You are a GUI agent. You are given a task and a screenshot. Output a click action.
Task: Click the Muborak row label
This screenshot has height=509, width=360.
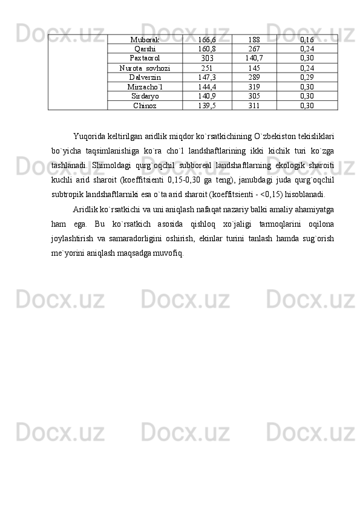coord(145,39)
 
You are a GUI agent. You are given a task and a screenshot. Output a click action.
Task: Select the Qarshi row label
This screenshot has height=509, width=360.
coord(145,49)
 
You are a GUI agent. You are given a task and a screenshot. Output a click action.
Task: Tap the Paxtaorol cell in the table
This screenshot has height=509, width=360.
coord(145,58)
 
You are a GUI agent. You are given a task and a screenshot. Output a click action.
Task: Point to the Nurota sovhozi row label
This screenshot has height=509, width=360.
coord(145,68)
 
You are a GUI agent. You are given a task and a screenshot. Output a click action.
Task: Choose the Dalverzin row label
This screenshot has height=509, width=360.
coord(145,77)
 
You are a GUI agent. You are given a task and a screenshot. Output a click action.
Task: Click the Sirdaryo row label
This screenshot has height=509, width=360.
coord(145,96)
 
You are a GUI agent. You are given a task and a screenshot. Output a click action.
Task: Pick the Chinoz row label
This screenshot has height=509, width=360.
coord(145,105)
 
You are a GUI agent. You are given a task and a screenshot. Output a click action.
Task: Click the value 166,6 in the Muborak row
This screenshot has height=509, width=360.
coord(207,39)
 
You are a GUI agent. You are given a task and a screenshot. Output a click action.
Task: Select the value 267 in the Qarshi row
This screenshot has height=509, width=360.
coord(254,49)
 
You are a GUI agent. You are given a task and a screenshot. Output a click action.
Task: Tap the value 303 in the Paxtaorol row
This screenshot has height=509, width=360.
coord(207,58)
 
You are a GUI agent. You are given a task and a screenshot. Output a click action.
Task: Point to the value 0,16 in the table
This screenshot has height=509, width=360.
coord(307,39)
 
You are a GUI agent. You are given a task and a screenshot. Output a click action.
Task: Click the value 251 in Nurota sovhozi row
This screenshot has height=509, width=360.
coord(207,68)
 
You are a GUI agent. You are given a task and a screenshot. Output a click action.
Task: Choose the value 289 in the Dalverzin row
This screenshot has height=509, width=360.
coord(254,77)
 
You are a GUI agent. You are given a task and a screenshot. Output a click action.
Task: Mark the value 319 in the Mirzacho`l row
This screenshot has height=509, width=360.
coord(254,86)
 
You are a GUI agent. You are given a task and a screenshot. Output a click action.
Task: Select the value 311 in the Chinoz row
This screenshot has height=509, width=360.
coord(254,105)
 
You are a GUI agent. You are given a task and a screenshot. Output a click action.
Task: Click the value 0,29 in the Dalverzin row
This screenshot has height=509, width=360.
coord(307,77)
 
